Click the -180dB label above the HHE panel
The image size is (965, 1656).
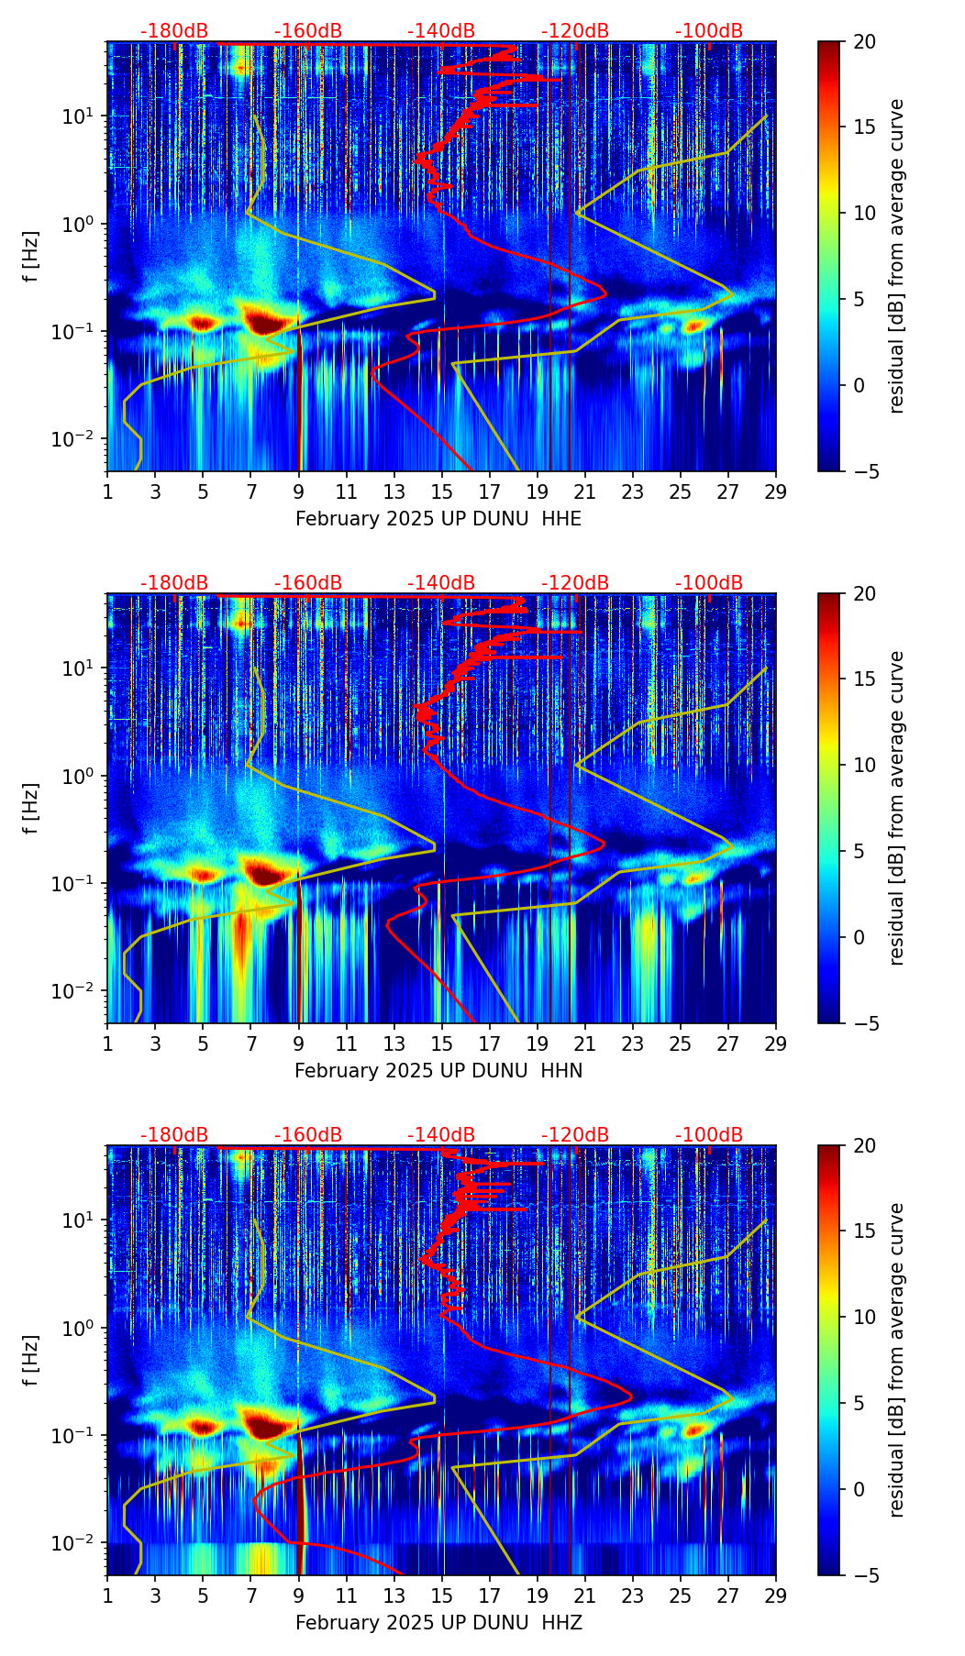pyautogui.click(x=174, y=31)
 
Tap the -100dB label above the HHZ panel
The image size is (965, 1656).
pyautogui.click(x=709, y=1135)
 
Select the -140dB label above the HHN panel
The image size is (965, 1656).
pyautogui.click(x=441, y=583)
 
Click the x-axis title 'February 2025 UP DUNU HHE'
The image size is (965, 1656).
pyautogui.click(x=438, y=519)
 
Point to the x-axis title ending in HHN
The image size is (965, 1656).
pyautogui.click(x=438, y=1071)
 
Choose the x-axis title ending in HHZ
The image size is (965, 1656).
pyautogui.click(x=438, y=1623)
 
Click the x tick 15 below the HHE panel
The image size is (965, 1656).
pyautogui.click(x=442, y=491)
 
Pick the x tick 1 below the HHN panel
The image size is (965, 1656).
pyautogui.click(x=107, y=1043)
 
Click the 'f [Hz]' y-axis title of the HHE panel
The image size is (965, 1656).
pyautogui.click(x=31, y=257)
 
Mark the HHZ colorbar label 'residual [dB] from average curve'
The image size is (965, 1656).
pyautogui.click(x=896, y=1360)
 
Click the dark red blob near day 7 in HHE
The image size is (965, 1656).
pyautogui.click(x=265, y=322)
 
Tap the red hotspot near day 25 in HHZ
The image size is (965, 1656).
pyautogui.click(x=694, y=1430)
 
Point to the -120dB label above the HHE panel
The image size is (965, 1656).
pyautogui.click(x=575, y=31)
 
